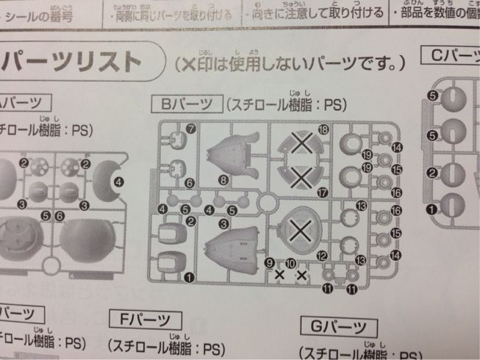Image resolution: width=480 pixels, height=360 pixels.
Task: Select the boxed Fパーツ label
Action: coord(144,320)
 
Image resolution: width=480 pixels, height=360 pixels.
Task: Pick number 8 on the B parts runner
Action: coord(223,179)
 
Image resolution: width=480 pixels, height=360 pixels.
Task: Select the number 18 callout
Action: coord(322,129)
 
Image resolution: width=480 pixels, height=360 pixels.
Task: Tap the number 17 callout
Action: coord(320,192)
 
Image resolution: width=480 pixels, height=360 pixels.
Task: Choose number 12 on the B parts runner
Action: coord(321,256)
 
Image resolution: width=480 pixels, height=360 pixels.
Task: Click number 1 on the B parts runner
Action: coord(190,277)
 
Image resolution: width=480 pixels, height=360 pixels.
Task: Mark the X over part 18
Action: coord(299,146)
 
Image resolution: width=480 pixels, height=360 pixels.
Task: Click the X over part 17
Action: coord(299,175)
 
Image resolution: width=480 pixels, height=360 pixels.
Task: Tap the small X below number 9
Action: coord(280,276)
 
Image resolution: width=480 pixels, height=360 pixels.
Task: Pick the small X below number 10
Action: coord(301,276)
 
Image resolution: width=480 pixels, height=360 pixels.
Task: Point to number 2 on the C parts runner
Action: coord(433,174)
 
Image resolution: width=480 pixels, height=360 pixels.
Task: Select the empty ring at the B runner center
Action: coord(266,201)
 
